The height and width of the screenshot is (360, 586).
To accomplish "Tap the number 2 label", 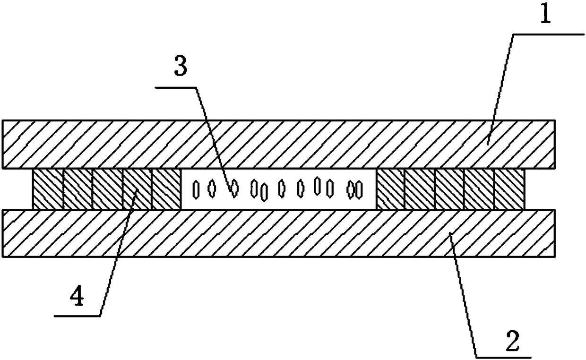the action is tap(512, 340).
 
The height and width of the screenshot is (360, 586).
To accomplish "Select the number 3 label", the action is tap(180, 69).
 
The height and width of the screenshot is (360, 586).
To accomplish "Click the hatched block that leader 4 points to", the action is tap(137, 189).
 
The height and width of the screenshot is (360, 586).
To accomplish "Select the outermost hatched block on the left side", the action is tap(47, 189).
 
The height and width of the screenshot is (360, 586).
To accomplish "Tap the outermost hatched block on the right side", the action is tap(509, 189).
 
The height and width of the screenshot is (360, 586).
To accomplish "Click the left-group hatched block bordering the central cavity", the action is tap(166, 189).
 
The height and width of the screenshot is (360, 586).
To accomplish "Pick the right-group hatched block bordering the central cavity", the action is tap(390, 189).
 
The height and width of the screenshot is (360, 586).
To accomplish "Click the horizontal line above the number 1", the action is tap(548, 34).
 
